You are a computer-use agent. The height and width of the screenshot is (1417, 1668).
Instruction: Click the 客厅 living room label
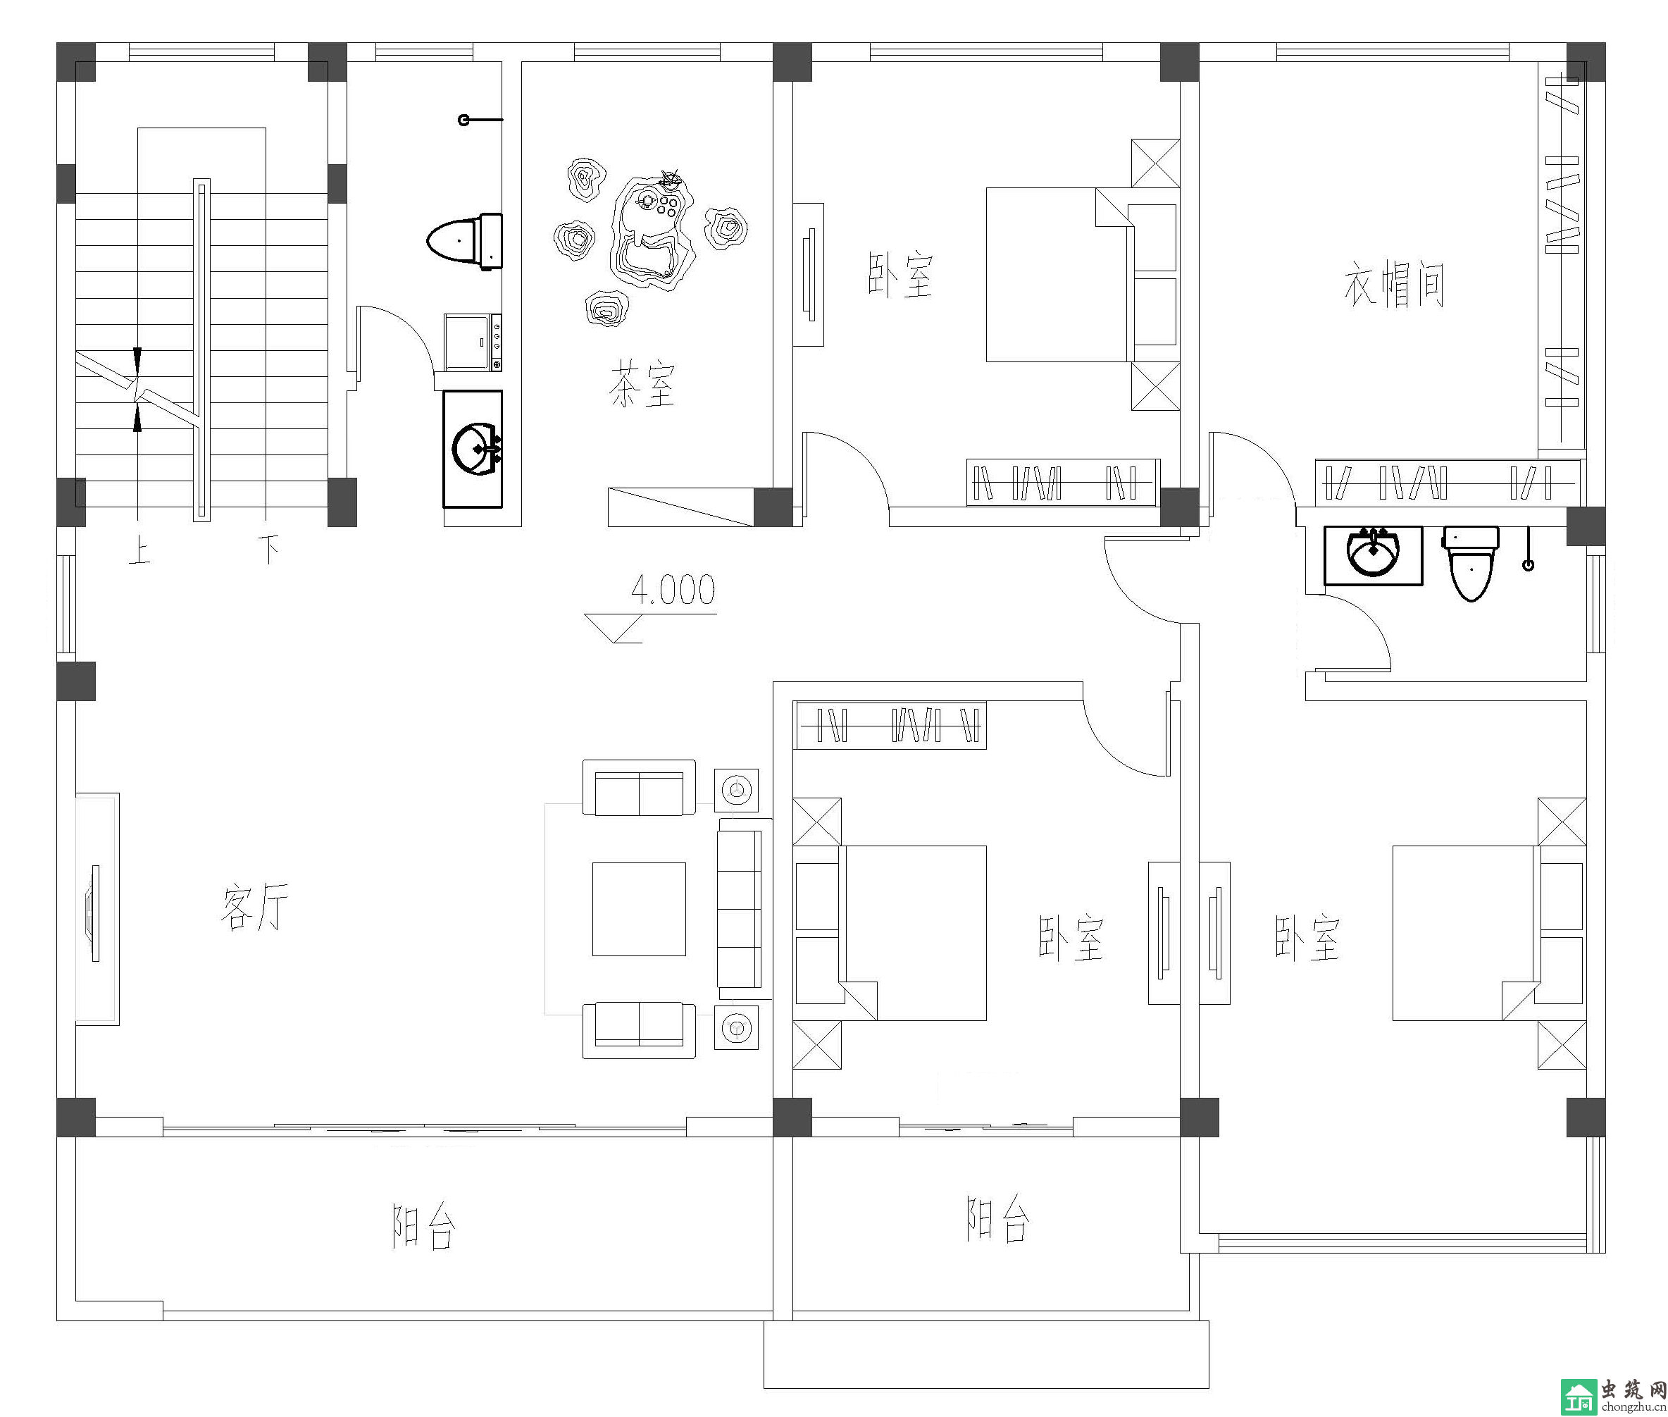pyautogui.click(x=254, y=907)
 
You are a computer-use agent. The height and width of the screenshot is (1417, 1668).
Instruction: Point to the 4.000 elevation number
pyautogui.click(x=673, y=590)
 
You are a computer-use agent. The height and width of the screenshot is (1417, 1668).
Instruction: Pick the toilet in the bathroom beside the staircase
pyautogui.click(x=465, y=240)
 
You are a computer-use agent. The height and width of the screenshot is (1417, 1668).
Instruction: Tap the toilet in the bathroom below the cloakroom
pyautogui.click(x=1471, y=563)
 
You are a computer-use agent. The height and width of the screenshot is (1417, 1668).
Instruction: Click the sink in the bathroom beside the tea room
pyautogui.click(x=473, y=449)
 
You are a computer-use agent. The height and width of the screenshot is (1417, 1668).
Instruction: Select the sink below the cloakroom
pyautogui.click(x=1374, y=555)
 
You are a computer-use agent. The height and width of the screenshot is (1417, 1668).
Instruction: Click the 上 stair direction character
pyautogui.click(x=139, y=551)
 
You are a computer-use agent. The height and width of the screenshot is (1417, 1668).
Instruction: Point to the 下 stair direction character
pyautogui.click(x=268, y=550)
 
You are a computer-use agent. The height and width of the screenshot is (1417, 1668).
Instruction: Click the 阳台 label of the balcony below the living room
pyautogui.click(x=423, y=1225)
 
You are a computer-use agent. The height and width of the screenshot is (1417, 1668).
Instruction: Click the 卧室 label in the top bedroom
pyautogui.click(x=900, y=275)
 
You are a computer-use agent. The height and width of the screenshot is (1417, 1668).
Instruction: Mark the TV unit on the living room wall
pyautogui.click(x=97, y=910)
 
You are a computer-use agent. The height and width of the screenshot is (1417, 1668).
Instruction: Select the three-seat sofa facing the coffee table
pyautogui.click(x=745, y=910)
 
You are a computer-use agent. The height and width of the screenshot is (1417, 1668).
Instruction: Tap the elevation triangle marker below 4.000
pyautogui.click(x=614, y=628)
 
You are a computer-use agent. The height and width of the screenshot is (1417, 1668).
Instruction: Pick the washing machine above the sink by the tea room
pyautogui.click(x=473, y=342)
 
